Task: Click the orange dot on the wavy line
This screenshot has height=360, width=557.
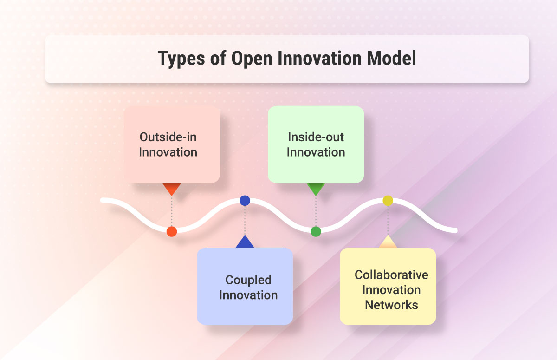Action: [172, 231]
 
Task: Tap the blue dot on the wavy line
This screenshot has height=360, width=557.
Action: [245, 201]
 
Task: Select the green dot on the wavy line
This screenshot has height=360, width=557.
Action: [316, 231]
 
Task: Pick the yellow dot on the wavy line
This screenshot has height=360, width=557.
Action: [388, 201]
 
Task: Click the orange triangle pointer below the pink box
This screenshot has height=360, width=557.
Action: [172, 189]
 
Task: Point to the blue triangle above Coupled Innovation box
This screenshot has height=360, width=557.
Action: [245, 242]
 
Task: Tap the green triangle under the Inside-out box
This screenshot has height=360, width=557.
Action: [316, 189]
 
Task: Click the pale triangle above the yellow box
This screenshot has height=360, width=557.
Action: [388, 242]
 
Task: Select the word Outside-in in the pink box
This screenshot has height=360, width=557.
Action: [168, 137]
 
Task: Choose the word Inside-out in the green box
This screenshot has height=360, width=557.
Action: [316, 137]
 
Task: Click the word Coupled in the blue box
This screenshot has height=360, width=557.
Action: [248, 280]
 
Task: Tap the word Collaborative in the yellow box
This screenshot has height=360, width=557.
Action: [391, 275]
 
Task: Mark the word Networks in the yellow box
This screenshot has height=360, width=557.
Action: [391, 305]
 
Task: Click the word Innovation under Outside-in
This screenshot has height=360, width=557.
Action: [168, 152]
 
